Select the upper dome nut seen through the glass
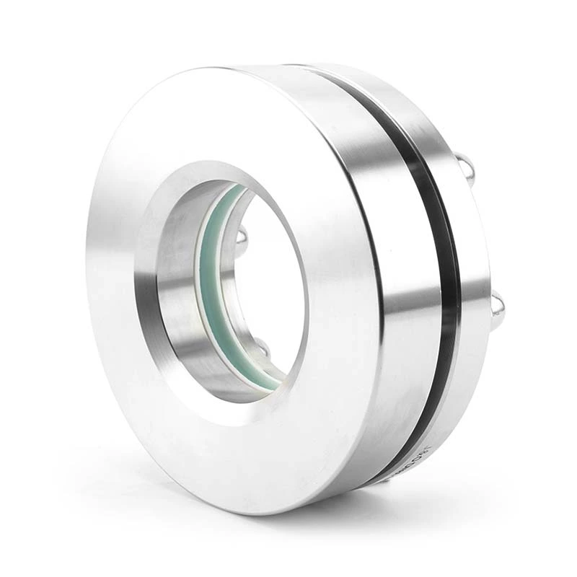pyautogui.click(x=242, y=234)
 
